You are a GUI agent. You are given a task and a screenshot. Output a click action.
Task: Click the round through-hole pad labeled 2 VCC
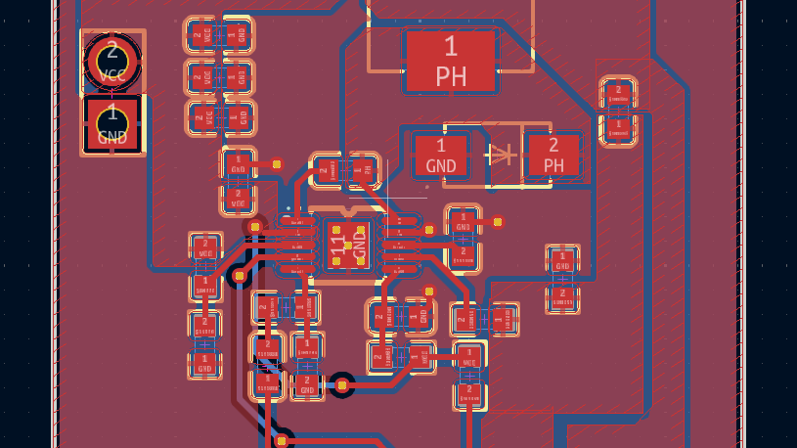[x=111, y=61]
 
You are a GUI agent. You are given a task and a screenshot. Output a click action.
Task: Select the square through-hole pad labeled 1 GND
[x=112, y=124]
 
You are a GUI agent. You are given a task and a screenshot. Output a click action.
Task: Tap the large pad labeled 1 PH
[x=450, y=61]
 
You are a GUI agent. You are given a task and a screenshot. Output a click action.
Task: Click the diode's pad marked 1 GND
[x=441, y=155]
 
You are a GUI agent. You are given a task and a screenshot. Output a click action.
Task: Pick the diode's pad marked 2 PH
[x=553, y=155]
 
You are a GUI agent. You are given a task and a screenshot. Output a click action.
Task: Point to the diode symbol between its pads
[x=500, y=154]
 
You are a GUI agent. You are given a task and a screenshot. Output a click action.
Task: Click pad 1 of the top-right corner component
[x=617, y=126]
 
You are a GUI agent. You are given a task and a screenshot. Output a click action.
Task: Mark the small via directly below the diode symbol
[x=498, y=222]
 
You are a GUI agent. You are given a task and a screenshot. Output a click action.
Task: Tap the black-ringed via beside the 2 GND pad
[x=341, y=385]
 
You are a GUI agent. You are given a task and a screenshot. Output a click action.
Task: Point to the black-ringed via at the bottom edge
[x=282, y=440]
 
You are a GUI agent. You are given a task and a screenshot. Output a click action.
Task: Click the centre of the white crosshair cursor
[x=387, y=199]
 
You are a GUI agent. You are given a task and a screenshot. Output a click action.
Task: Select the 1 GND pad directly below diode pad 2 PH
[x=562, y=261]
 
